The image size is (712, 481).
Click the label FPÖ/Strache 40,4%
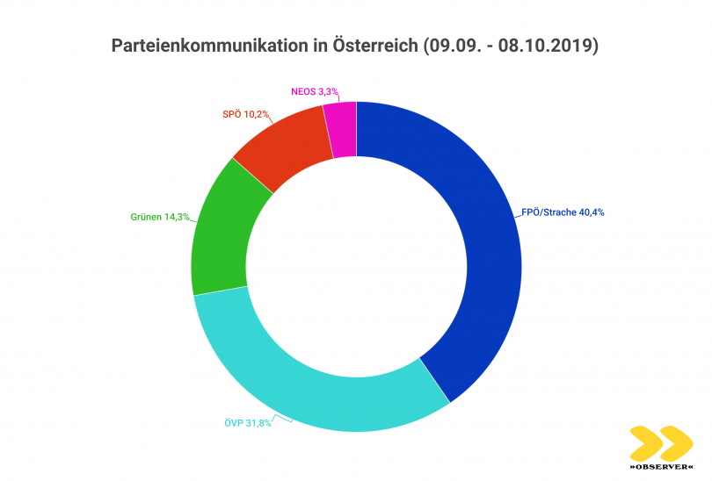[563, 212]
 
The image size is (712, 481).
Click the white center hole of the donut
[356, 267]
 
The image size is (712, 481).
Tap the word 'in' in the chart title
[310, 46]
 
